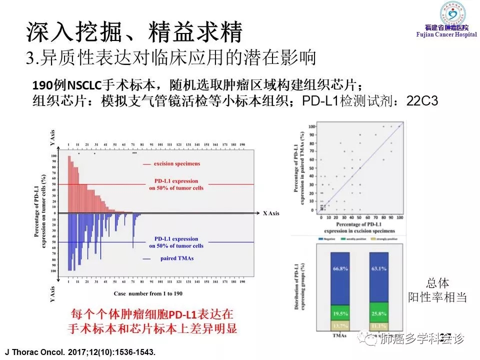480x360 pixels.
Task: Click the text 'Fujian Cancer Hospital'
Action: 442,34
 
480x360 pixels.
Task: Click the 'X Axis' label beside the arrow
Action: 271,213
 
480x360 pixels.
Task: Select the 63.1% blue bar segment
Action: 379,274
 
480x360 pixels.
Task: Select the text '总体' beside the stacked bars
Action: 438,283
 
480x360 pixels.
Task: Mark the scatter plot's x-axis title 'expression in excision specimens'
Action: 358,231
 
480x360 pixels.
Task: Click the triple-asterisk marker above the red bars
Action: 134,153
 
